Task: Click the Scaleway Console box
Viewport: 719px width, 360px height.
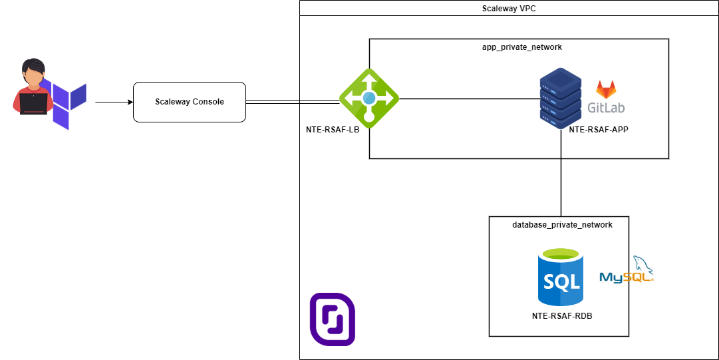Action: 190,102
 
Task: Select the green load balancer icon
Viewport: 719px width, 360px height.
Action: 368,98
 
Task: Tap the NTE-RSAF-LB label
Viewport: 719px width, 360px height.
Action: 328,130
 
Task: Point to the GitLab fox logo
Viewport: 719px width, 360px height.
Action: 605,90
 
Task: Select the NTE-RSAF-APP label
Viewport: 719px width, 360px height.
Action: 599,130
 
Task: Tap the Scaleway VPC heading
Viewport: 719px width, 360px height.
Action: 509,9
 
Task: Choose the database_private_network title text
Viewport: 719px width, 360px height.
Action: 562,225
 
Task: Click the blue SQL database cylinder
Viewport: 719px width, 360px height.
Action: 560,278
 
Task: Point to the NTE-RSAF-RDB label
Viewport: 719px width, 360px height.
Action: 562,315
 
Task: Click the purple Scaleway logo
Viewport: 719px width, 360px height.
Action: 332,319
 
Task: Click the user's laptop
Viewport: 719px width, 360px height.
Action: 33,104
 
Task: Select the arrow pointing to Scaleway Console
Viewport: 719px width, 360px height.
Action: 114,102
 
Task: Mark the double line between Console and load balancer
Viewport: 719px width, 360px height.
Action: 293,102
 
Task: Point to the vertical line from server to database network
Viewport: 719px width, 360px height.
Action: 562,186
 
